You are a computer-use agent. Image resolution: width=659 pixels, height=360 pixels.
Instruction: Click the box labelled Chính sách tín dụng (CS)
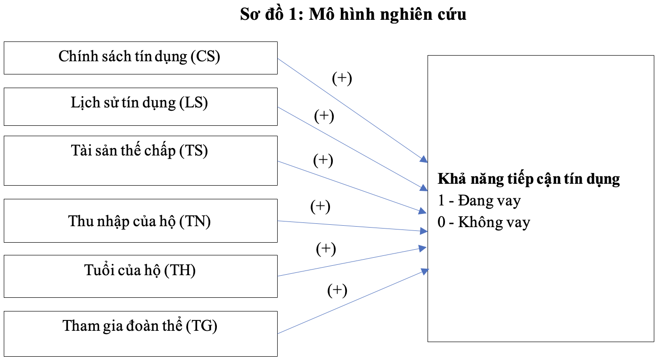[140, 58]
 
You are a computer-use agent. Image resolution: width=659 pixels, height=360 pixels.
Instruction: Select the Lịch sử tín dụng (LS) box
[140, 107]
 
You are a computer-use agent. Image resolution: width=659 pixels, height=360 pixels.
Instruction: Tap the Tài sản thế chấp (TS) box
[140, 161]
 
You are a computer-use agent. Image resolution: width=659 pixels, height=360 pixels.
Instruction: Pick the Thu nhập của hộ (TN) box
[140, 221]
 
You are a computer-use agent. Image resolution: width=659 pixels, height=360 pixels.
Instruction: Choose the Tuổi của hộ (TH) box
[140, 276]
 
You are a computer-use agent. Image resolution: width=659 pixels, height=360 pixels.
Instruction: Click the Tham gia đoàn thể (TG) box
[140, 334]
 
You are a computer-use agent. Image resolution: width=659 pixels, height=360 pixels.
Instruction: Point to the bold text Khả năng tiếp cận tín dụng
[529, 179]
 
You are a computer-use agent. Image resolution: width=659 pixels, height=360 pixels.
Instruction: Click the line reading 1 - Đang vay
[479, 201]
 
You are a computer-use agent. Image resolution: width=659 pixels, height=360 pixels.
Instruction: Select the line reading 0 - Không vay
[484, 222]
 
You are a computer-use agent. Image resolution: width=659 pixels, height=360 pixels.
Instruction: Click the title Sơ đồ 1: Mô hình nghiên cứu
[353, 14]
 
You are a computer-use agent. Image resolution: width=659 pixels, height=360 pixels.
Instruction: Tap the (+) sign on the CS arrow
[342, 78]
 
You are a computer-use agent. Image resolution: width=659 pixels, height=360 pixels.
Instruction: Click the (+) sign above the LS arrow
[324, 116]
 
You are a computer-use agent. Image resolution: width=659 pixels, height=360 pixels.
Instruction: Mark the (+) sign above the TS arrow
[323, 160]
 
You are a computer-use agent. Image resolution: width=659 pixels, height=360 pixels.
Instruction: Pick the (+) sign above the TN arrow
[320, 206]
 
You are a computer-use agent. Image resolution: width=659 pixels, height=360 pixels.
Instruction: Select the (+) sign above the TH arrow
[326, 249]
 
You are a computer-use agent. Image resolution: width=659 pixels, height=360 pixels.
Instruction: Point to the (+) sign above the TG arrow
[337, 290]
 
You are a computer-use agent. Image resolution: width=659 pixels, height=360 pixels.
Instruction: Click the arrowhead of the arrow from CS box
[424, 159]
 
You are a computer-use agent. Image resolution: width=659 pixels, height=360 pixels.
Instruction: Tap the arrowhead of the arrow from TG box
[425, 271]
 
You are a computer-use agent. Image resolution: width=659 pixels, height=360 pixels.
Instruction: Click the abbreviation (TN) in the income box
[195, 221]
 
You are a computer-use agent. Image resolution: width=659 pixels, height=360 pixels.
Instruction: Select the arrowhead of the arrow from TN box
[424, 231]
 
